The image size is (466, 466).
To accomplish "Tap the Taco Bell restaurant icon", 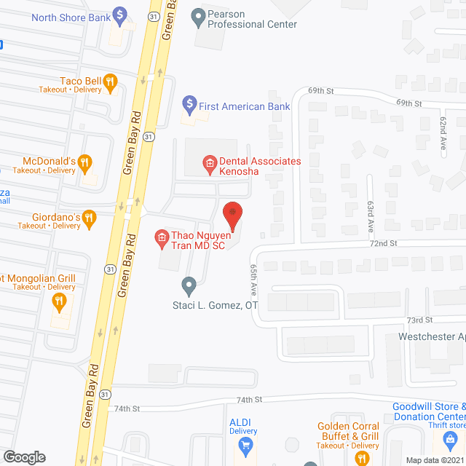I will click(111, 82).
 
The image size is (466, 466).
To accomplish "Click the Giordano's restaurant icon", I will click(89, 216).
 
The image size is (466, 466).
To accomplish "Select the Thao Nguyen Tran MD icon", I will click(162, 237).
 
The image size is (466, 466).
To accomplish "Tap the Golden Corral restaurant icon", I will click(360, 457).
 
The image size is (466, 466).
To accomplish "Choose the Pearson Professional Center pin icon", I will click(197, 15).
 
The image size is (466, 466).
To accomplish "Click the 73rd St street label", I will click(419, 320).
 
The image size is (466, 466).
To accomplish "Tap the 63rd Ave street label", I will click(371, 216).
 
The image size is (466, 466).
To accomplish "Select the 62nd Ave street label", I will click(442, 135).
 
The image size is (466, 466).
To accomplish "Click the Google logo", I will click(24, 457).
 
